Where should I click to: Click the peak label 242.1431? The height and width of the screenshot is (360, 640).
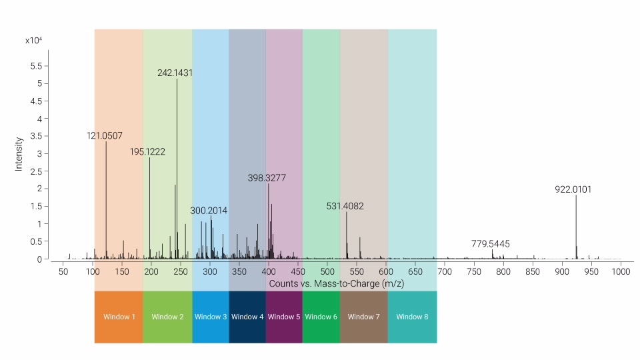point(175,73)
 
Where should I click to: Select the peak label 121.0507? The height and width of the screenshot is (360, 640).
point(105,136)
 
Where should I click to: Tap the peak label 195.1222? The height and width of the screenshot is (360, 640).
point(148,152)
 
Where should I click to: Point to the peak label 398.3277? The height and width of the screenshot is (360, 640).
point(267,178)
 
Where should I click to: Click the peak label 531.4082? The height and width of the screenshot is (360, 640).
point(345,207)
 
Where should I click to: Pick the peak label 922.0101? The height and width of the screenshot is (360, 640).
point(573,189)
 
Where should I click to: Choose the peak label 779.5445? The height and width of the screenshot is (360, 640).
point(491,244)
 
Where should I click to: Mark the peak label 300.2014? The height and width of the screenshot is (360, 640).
point(209,211)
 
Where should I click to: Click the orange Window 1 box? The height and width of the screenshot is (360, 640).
point(119,317)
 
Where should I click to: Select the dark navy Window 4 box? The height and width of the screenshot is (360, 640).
point(247,317)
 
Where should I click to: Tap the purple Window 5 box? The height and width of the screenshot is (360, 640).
point(284,317)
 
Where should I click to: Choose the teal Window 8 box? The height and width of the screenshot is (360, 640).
point(412,317)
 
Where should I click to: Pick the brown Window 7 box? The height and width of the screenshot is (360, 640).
point(364,317)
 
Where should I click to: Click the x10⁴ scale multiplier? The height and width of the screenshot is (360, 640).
point(34,41)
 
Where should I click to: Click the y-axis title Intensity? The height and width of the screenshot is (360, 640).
point(19,154)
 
